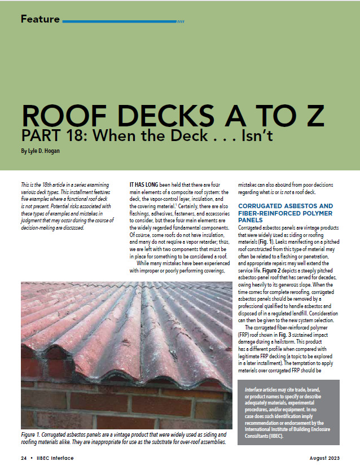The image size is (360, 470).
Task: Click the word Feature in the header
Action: pyautogui.click(x=40, y=19)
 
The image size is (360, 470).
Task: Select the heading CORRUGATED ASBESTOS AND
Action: pyautogui.click(x=285, y=206)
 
